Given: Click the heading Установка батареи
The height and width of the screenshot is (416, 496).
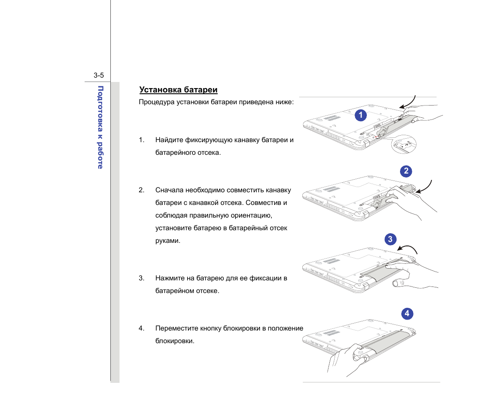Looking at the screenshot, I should (178, 90).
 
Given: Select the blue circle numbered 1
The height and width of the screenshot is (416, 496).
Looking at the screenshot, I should (360, 115).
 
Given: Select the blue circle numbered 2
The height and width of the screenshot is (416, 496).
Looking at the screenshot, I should (406, 171).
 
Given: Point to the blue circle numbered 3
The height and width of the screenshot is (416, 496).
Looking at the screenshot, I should (390, 239).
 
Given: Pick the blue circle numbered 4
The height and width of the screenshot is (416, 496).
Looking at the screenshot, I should (407, 314).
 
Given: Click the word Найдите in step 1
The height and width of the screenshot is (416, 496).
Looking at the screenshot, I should (169, 140).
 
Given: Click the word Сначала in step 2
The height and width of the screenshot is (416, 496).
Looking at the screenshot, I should (169, 190).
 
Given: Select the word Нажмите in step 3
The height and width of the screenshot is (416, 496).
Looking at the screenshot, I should (169, 278).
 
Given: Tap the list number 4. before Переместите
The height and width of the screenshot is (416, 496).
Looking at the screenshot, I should (141, 328).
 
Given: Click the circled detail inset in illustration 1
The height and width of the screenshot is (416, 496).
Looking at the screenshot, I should (404, 143).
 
